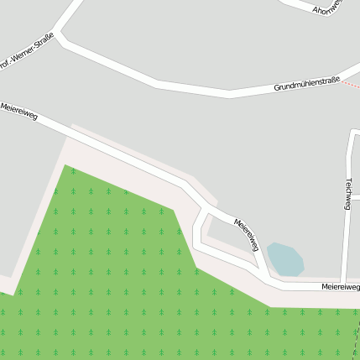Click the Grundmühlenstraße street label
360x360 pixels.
pyautogui.click(x=306, y=83)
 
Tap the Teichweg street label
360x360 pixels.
pyautogui.click(x=347, y=193)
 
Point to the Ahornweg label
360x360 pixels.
pyautogui.click(x=327, y=9)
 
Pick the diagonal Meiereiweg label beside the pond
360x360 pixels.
pyautogui.click(x=246, y=234)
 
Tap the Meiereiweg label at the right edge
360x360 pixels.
pyautogui.click(x=340, y=287)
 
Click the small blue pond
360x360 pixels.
pyautogui.click(x=284, y=259)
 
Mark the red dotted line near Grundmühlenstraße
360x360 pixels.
pyautogui.click(x=352, y=85)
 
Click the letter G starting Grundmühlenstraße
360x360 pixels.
pyautogui.click(x=276, y=88)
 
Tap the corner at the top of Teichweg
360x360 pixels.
pyautogui.click(x=352, y=133)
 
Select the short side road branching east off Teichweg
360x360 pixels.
pyautogui.click(x=355, y=198)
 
